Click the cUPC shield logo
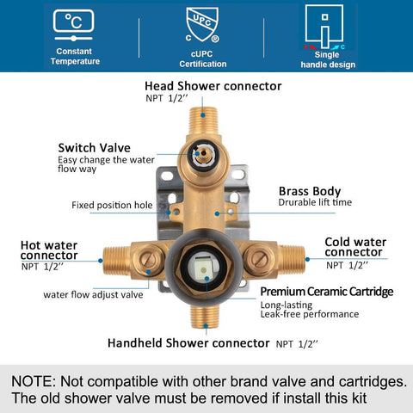point(202,25)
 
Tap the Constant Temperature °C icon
point(74,25)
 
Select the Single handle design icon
point(324,28)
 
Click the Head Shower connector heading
point(213,86)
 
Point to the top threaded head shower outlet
point(203,120)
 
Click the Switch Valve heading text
point(95,148)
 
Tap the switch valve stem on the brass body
point(203,154)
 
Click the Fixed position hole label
point(112,205)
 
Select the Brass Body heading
point(310,191)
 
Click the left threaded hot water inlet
point(117,261)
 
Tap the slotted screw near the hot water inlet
point(149,260)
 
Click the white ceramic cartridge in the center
point(204,269)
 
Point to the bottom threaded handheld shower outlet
point(206,316)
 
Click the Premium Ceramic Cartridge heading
point(327,292)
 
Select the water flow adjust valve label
point(93,294)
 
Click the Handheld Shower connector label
point(188,343)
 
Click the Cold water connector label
point(355,247)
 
